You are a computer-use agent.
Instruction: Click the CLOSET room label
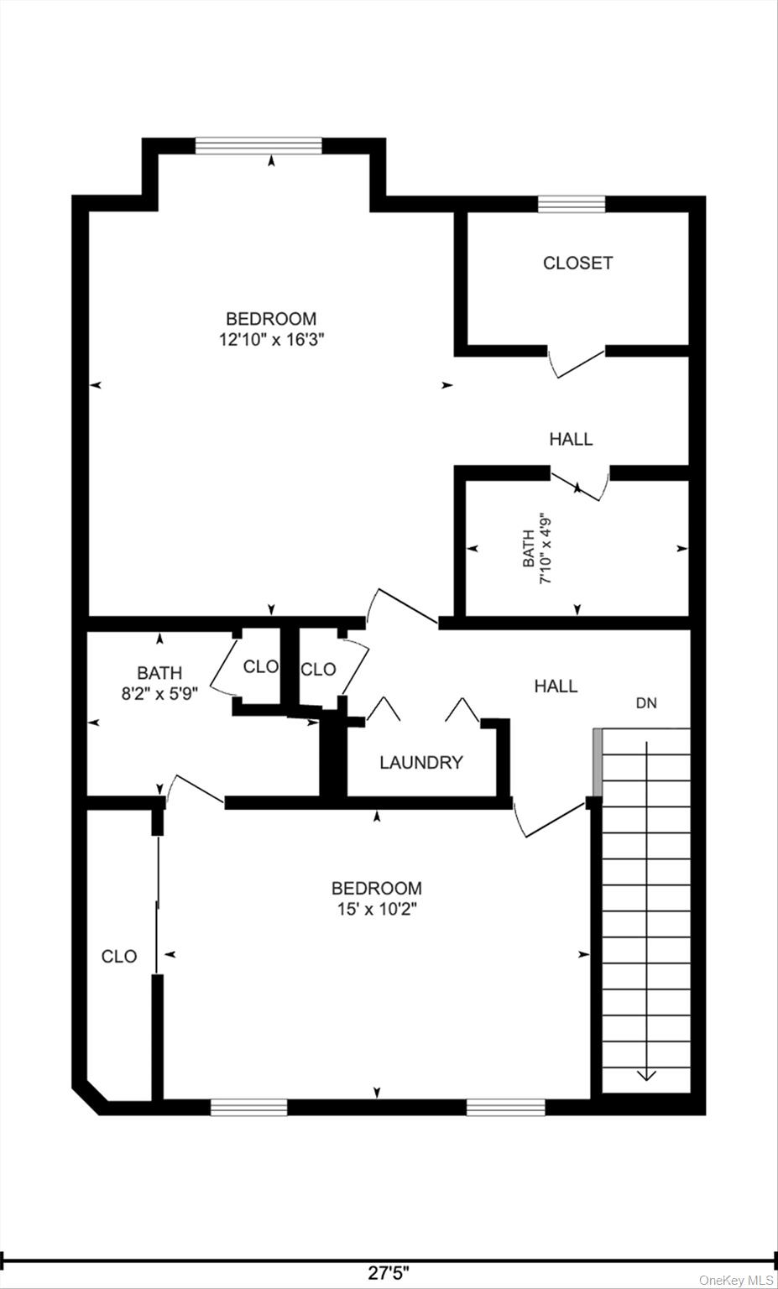[577, 263]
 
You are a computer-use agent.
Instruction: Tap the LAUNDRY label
[420, 762]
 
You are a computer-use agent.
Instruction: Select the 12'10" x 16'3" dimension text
[271, 340]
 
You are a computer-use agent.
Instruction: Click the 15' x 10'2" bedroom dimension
[376, 909]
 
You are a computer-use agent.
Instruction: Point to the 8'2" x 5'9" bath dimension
[159, 693]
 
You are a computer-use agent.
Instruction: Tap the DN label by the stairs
[645, 703]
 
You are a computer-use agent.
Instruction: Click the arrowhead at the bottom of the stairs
[646, 1075]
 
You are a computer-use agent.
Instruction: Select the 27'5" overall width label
[389, 1273]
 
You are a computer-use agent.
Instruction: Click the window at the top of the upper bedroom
[258, 146]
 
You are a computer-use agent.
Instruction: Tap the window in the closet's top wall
[572, 204]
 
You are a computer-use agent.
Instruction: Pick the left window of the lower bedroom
[248, 1108]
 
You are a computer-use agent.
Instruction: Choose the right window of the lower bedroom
[505, 1108]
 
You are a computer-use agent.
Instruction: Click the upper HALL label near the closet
[571, 438]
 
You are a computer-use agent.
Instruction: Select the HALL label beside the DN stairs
[556, 686]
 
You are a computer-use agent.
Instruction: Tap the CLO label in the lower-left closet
[119, 956]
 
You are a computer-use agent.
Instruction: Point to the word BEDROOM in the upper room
[271, 319]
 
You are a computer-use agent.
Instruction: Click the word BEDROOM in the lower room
[376, 888]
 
